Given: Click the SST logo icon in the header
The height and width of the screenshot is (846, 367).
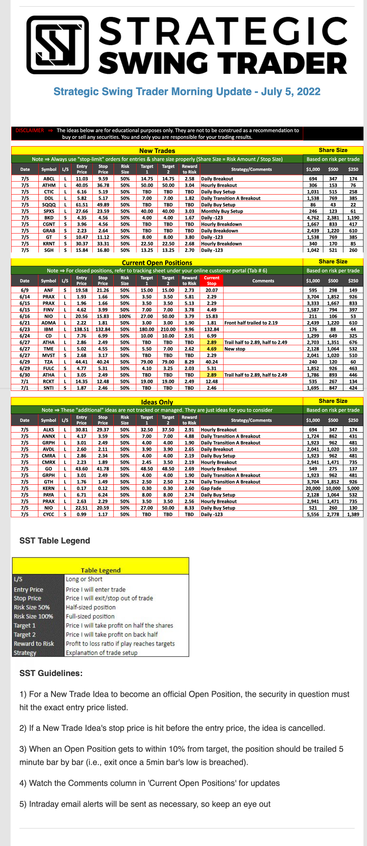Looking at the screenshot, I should (x=58, y=45).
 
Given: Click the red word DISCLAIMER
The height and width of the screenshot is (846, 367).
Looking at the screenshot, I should (x=29, y=130).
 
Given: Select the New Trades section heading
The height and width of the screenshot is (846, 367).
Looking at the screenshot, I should (x=157, y=151).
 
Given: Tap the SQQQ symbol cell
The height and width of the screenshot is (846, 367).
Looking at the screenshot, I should (x=49, y=205).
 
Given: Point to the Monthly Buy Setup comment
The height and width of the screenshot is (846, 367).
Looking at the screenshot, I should (x=222, y=211).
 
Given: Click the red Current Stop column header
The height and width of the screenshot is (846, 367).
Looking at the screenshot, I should (x=211, y=280).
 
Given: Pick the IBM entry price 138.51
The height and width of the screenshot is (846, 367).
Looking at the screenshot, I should (x=81, y=329).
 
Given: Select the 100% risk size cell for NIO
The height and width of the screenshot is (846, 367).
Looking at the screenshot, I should (x=125, y=316).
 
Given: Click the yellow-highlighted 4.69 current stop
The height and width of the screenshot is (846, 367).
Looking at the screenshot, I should (x=211, y=349).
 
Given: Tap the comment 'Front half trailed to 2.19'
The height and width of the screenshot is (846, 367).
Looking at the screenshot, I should (x=251, y=323).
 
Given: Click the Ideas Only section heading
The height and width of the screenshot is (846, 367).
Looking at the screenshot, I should (x=157, y=402).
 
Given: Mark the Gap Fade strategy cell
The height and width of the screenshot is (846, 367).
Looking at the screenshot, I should (x=211, y=488).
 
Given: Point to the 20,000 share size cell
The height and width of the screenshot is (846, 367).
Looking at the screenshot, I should (x=313, y=488).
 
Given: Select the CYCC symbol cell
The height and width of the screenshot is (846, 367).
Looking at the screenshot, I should (x=49, y=514).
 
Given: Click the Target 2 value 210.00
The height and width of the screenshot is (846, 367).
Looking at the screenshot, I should (x=168, y=329).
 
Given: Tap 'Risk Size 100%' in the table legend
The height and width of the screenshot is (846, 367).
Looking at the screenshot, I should (x=34, y=617).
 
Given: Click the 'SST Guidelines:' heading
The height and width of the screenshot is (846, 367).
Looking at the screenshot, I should (x=51, y=673).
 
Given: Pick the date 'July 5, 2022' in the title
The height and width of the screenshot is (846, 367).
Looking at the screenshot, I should (x=291, y=91).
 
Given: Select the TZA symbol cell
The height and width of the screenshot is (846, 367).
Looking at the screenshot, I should (x=49, y=362).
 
